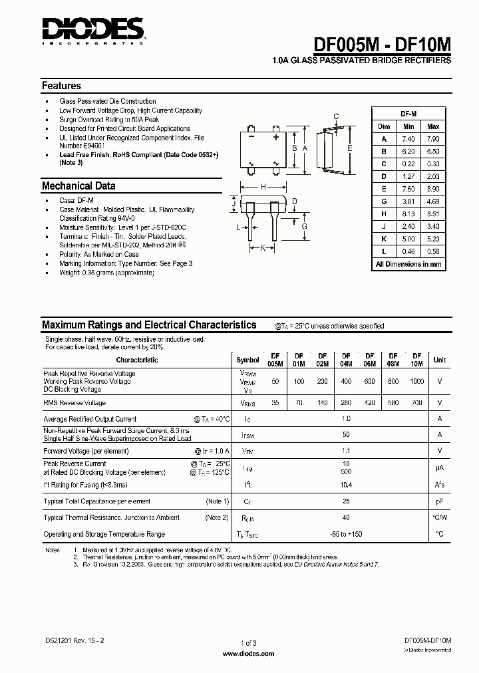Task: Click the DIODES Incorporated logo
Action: [93, 31]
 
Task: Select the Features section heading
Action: [61, 86]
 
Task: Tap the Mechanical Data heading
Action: [79, 186]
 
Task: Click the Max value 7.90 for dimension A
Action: [433, 139]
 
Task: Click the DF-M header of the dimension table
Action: [408, 114]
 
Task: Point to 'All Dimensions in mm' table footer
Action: [408, 264]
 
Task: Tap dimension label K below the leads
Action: [263, 248]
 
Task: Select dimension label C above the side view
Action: [337, 117]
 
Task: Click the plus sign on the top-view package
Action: [275, 137]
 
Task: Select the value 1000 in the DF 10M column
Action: [416, 382]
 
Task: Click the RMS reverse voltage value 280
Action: [346, 403]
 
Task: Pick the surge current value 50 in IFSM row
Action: [346, 434]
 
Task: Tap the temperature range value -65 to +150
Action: [346, 534]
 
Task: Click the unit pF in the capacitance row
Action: [439, 501]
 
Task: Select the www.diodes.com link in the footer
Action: [247, 654]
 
